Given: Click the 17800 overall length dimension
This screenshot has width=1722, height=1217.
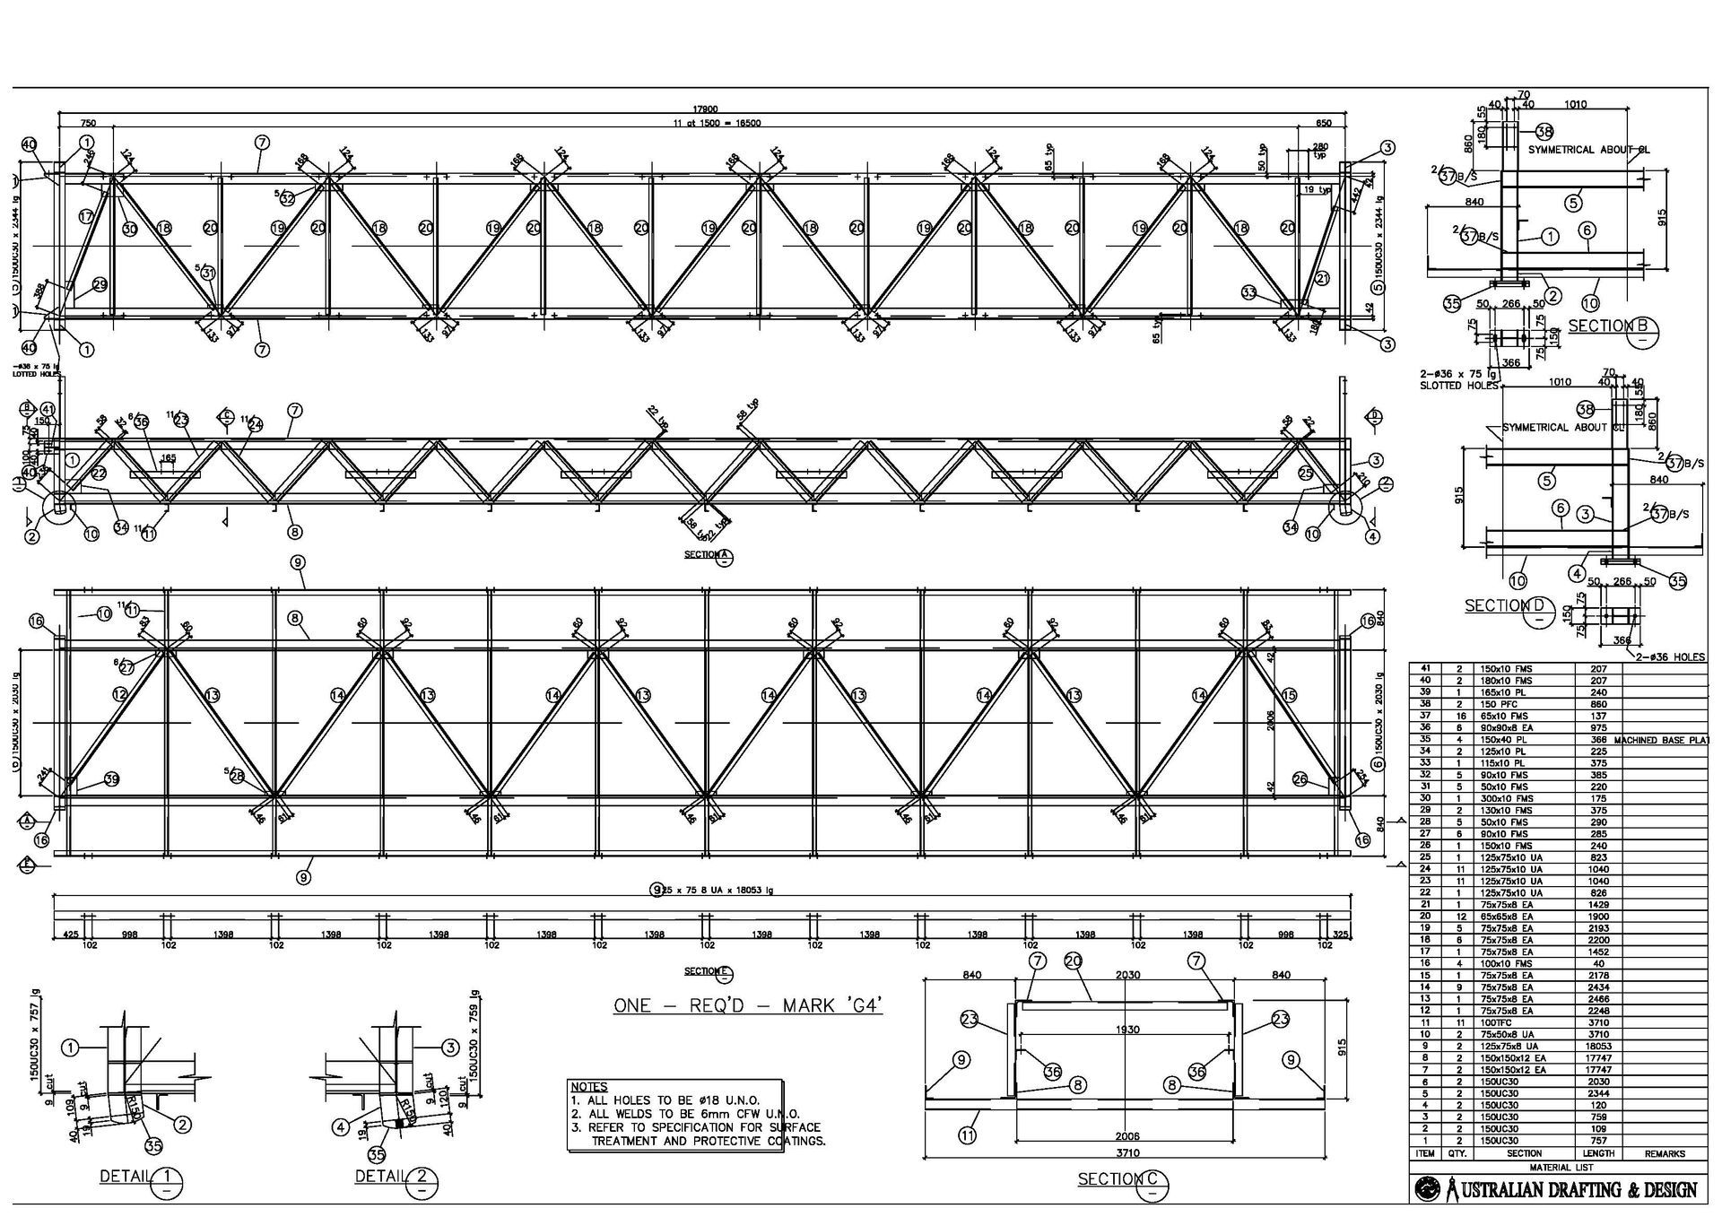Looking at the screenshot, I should pos(705,109).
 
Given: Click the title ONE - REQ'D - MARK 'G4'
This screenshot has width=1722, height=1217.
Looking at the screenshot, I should pos(748,1004).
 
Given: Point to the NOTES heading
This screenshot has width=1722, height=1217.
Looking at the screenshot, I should pos(589,1087).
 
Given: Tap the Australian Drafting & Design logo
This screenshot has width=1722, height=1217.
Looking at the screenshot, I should pos(1557,1189).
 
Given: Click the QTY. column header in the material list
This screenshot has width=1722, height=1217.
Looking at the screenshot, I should pos(1457,1153).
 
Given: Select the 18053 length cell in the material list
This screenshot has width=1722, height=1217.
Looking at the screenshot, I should pos(1598,1046).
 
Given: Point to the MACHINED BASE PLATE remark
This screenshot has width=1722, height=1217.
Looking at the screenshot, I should pos(1660,740).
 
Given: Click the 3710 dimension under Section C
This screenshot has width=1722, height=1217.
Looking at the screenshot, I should pos(1126,1151).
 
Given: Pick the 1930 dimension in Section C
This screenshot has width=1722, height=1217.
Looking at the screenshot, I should pos(1126,1030).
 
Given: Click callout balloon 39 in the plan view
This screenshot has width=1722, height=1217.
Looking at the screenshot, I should pos(111,779).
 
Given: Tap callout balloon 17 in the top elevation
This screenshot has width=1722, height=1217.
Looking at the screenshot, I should pos(86,216).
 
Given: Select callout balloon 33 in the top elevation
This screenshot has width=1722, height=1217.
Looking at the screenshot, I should pos(1249,291).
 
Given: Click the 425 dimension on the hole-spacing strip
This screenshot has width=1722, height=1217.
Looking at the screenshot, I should pos(70,934).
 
